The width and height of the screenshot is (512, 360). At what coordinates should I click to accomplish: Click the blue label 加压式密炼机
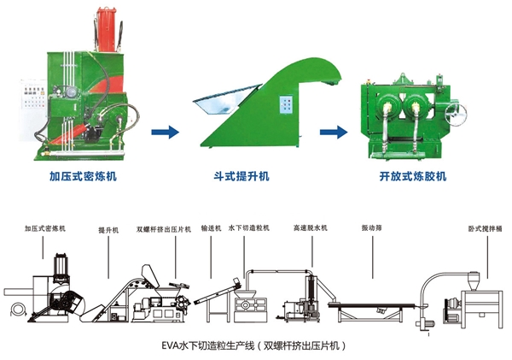click(x=84, y=179)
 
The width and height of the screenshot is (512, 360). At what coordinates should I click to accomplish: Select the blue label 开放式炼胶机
click(x=411, y=179)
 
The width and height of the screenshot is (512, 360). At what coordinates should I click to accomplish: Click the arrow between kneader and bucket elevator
click(x=166, y=133)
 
